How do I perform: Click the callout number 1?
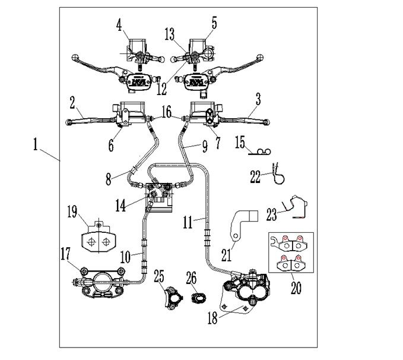point(36,144)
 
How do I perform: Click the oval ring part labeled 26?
point(199,296)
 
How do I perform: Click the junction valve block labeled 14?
point(160,194)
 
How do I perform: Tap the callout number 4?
point(120,26)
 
